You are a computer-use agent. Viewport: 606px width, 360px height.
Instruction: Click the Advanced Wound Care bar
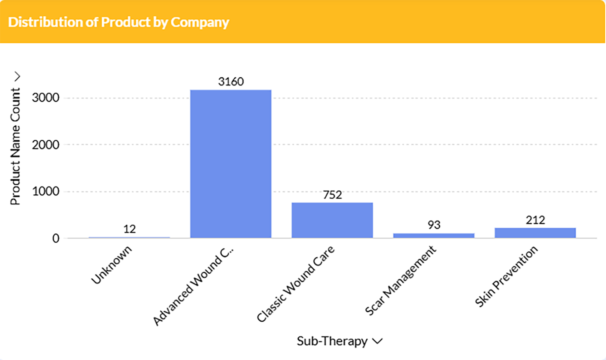point(231,164)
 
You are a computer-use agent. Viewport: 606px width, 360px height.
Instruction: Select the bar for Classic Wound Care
point(332,220)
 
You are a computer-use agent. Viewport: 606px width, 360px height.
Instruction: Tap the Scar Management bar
point(434,235)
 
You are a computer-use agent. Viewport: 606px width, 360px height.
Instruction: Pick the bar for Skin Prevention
point(535,233)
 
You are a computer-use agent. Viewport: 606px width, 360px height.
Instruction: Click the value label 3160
point(231,81)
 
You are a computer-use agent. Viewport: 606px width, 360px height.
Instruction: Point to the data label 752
point(332,195)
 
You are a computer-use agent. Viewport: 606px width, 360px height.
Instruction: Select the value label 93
point(434,225)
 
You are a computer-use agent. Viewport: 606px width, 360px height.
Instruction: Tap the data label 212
point(535,220)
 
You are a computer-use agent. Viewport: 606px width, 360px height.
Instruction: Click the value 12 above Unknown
point(129,229)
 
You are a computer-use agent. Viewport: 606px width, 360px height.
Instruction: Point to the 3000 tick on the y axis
point(46,98)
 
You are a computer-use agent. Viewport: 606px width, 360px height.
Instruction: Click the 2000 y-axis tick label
point(46,145)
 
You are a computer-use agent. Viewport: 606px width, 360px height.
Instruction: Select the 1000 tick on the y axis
point(46,192)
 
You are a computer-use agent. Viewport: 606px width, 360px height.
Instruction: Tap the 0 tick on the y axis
point(56,238)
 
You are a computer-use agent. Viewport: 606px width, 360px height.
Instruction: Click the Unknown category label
point(112,265)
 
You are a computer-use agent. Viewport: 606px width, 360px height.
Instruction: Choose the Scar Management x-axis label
point(400,280)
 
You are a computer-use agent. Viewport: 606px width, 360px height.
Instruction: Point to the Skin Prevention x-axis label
point(506,276)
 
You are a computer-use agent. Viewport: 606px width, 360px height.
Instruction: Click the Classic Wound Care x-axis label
point(296,284)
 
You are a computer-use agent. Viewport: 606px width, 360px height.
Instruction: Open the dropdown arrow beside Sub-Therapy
point(377,341)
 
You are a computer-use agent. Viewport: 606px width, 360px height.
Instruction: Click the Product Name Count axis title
point(15,146)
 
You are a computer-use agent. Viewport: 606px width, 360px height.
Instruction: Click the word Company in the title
point(200,22)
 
